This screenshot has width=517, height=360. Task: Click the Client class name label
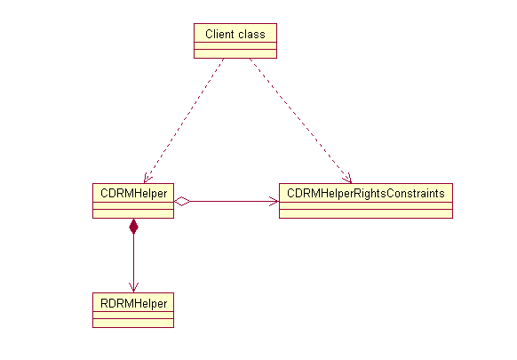tap(235, 35)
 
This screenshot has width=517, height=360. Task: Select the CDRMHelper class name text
tap(132, 191)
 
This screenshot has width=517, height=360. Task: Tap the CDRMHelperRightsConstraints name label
tap(365, 191)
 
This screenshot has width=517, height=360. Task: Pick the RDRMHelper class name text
tap(132, 302)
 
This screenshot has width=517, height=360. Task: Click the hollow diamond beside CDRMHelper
tap(182, 202)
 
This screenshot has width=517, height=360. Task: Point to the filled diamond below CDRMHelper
tap(133, 227)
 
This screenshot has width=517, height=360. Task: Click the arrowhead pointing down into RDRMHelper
tap(133, 287)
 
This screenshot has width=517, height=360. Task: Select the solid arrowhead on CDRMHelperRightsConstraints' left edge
tap(274, 202)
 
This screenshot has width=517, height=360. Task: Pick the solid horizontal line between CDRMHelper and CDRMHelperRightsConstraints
tap(231, 202)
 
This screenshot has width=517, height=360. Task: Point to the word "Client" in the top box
tap(219, 35)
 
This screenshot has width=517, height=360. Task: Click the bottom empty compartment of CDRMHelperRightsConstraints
tap(365, 213)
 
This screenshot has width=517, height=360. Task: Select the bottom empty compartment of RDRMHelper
tap(132, 324)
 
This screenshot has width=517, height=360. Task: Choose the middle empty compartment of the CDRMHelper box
tap(132, 204)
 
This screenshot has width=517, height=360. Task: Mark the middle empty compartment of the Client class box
tap(235, 48)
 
